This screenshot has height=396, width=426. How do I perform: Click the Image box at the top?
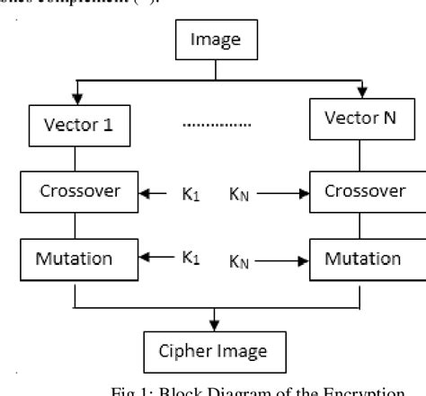214,40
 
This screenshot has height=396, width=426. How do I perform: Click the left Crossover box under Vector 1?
78,192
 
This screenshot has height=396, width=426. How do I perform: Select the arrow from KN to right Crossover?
281,192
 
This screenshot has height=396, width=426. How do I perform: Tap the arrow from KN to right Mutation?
281,261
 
